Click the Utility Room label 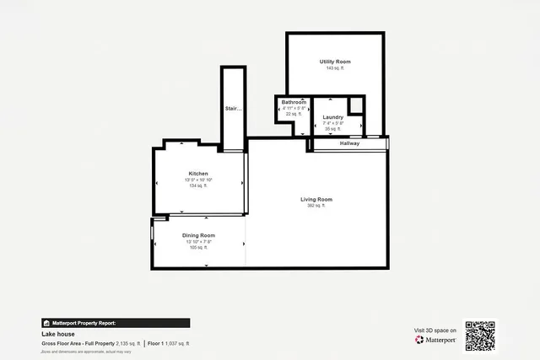click(335, 62)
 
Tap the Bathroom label click(294, 102)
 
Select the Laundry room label click(332, 116)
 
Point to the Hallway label click(349, 143)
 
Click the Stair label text click(233, 109)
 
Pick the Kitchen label click(198, 174)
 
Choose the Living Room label click(317, 199)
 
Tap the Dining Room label click(199, 235)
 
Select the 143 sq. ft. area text click(335, 67)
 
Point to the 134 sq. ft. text click(198, 185)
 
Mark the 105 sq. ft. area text click(199, 248)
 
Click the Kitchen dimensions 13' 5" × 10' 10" click(198, 180)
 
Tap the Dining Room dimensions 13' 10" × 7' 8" click(199, 242)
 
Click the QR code click(481, 336)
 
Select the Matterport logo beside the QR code click(435, 340)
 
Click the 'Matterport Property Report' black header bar click(115, 323)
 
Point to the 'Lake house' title click(55, 335)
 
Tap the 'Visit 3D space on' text click(435, 330)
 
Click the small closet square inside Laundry click(357, 105)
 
